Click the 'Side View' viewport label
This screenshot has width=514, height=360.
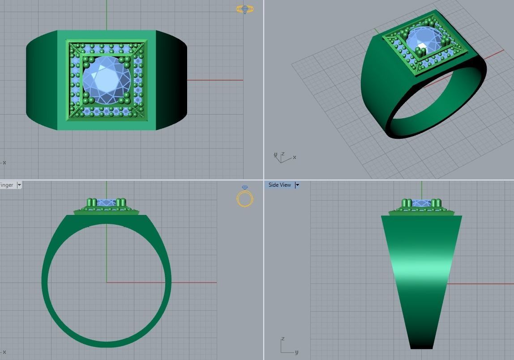(279, 185)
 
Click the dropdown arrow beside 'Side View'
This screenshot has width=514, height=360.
(297, 185)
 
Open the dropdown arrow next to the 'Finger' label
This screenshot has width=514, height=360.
(19, 185)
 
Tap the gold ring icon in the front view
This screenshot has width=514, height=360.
(245, 197)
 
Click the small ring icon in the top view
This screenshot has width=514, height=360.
(245, 9)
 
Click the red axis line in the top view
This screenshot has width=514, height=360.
(215, 80)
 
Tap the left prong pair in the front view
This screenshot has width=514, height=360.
(91, 203)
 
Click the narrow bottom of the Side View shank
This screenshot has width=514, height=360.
(421, 343)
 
